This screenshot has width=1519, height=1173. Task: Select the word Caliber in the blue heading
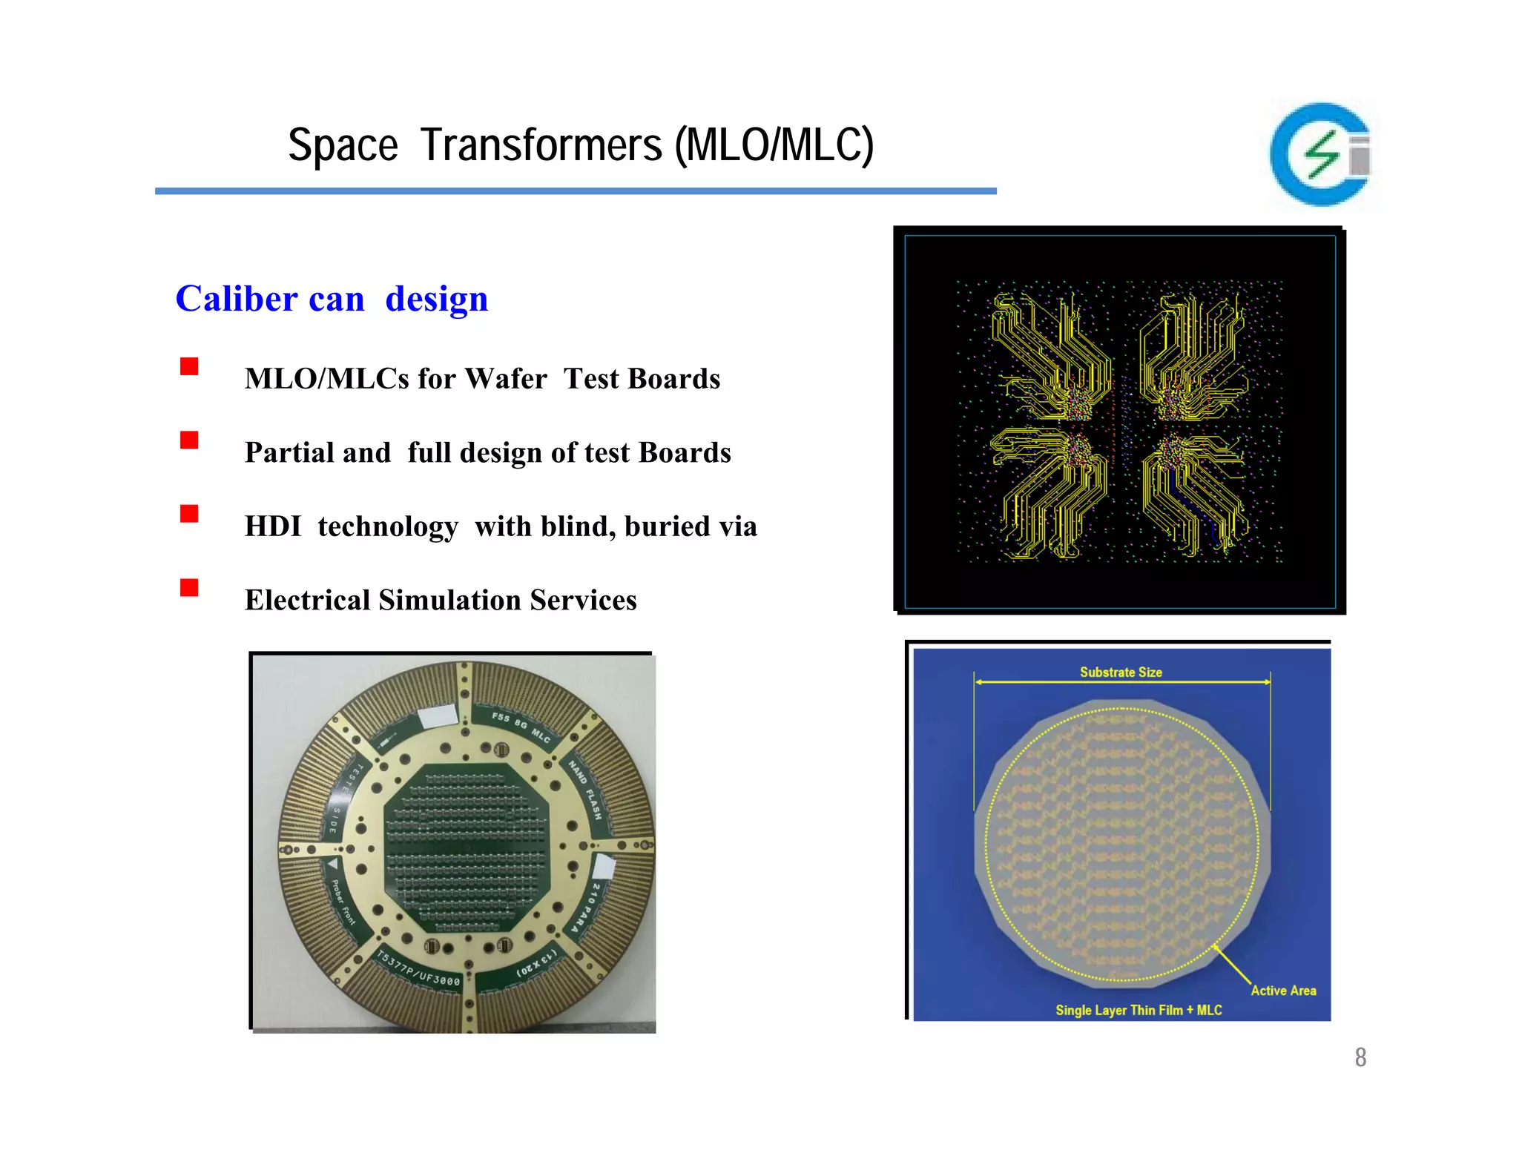pyautogui.click(x=237, y=299)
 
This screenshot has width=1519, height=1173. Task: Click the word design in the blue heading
pyautogui.click(x=436, y=299)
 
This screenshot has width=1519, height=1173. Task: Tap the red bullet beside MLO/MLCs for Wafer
pyautogui.click(x=189, y=366)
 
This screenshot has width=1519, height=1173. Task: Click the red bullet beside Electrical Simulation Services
pyautogui.click(x=189, y=588)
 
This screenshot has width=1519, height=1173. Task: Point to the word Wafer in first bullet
pyautogui.click(x=506, y=379)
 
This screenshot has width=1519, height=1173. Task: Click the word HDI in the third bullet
pyautogui.click(x=273, y=526)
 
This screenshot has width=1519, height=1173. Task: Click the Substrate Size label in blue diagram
pyautogui.click(x=1120, y=672)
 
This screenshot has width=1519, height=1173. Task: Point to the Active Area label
pyautogui.click(x=1283, y=991)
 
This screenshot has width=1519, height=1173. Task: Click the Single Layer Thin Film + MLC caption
pyautogui.click(x=1139, y=1010)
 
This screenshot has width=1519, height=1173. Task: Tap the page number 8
pyautogui.click(x=1360, y=1057)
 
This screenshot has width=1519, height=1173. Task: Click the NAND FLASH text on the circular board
pyautogui.click(x=586, y=789)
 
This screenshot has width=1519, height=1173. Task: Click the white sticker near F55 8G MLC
pyautogui.click(x=438, y=716)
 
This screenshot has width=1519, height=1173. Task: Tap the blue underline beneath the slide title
pyautogui.click(x=576, y=191)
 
